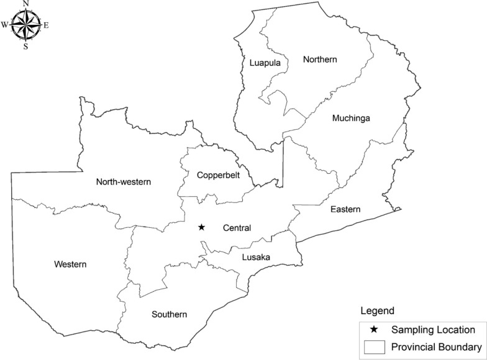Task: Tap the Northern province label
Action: click(319, 60)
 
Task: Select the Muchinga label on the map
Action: click(351, 118)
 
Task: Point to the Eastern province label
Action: click(345, 209)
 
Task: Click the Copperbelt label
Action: click(217, 176)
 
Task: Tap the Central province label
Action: click(237, 228)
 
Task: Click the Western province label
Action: click(70, 264)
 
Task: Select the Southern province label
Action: click(170, 315)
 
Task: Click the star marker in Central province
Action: click(201, 228)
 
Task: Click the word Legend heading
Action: click(377, 310)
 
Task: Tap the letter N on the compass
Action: click(25, 4)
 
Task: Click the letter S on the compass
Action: click(25, 46)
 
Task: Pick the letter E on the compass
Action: click(46, 25)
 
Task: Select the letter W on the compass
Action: click(5, 25)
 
